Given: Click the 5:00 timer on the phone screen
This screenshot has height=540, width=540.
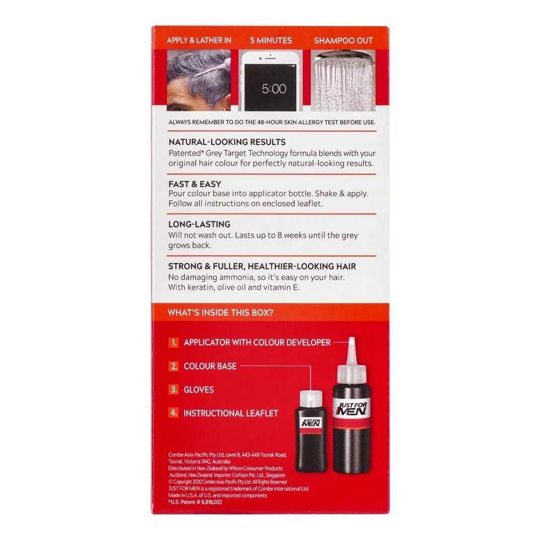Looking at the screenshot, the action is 274,89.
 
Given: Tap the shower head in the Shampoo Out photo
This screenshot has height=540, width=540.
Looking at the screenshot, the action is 343,55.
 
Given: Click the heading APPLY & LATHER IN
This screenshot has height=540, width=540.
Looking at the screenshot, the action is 199,40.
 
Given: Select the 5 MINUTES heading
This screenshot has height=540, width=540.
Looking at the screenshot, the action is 271,40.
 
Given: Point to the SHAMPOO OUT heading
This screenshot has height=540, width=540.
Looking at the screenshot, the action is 343,40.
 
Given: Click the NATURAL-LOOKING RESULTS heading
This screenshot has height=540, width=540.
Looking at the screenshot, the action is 227,142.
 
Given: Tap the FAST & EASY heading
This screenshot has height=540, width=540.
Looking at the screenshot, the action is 194,184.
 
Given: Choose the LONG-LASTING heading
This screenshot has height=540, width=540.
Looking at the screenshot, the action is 199,224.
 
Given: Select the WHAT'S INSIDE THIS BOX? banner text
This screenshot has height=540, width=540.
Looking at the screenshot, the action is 220,313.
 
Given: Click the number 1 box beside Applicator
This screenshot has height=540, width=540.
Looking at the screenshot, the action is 173,343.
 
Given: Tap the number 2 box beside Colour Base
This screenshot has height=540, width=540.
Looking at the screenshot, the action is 173,366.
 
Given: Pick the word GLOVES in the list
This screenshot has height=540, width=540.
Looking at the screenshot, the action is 199,390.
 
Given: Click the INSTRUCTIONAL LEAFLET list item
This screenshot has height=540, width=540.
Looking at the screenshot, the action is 231,413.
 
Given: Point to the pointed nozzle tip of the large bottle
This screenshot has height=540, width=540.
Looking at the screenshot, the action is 352,339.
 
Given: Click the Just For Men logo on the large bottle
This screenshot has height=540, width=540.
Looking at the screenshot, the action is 352,408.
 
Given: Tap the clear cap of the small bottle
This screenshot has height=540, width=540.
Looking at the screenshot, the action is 311,399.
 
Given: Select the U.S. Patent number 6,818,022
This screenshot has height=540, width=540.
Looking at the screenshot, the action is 195,502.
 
